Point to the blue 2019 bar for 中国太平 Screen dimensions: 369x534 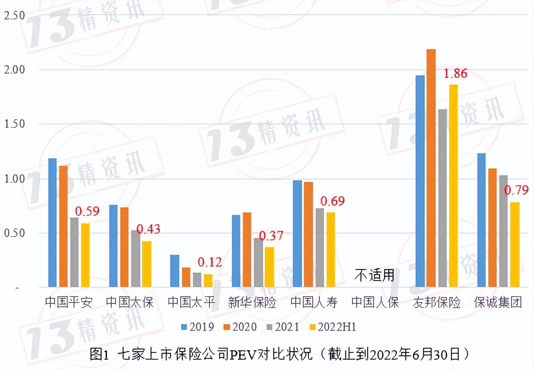pos(174,271)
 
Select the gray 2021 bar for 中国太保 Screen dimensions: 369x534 pos(135,259)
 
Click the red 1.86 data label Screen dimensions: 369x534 pos(455,74)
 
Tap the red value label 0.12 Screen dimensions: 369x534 pos(209,262)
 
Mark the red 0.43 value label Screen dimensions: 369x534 pos(149,229)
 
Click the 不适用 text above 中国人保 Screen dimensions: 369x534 pos(374,276)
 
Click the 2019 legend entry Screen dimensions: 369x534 pos(198,327)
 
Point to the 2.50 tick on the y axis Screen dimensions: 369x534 pos(14,16)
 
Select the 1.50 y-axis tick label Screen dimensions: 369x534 pos(14,124)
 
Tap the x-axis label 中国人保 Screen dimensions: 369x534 pos(375,303)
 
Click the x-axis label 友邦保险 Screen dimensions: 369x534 pos(437,303)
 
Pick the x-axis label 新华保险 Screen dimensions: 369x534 pos(252,303)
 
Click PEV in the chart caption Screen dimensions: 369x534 pos(241,354)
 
